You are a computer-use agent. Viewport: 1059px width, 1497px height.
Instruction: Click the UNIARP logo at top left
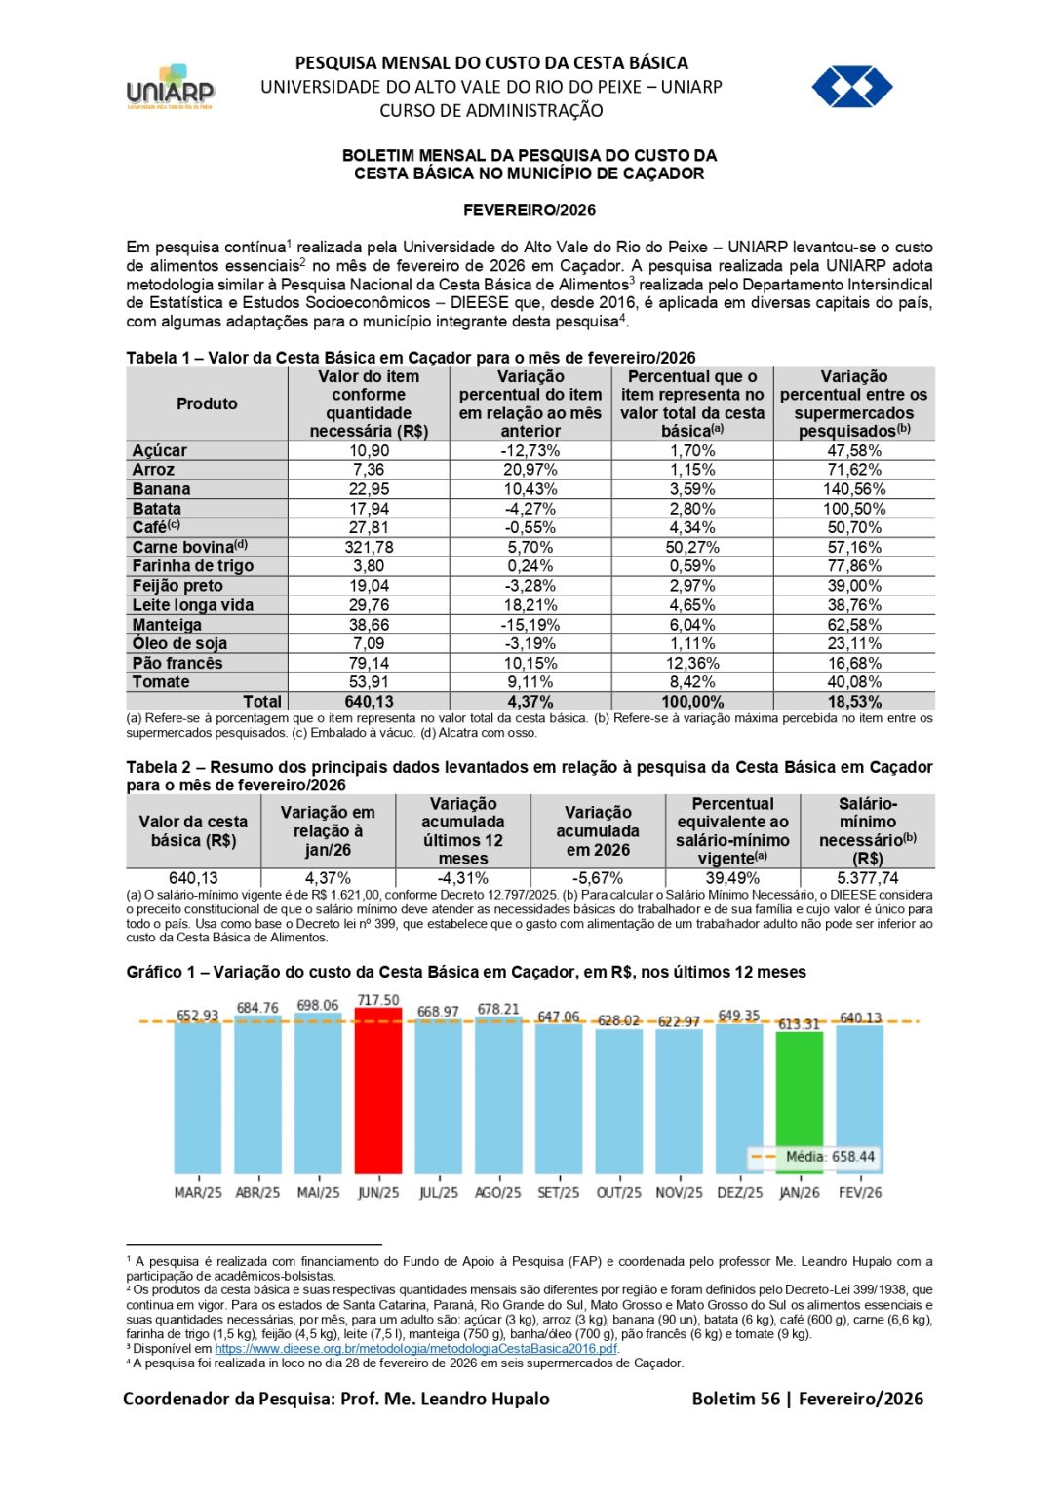click(x=171, y=88)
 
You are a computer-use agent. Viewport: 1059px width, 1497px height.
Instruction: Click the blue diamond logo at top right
click(x=852, y=87)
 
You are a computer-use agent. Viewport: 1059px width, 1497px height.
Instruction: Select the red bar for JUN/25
click(x=378, y=1092)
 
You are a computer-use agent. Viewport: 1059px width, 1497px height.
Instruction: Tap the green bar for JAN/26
click(x=800, y=1102)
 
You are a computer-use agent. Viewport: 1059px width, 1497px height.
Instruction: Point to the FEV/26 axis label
click(x=860, y=1192)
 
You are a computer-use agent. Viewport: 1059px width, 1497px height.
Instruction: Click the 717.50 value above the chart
click(x=378, y=1000)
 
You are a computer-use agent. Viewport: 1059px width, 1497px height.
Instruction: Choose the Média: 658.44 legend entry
click(x=830, y=1157)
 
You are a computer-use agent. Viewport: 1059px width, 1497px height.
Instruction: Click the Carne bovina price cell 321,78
click(x=369, y=547)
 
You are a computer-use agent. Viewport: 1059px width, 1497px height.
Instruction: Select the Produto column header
click(x=207, y=403)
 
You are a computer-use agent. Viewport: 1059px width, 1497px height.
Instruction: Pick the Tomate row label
click(x=161, y=682)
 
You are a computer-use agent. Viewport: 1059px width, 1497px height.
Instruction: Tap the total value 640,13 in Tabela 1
click(x=369, y=702)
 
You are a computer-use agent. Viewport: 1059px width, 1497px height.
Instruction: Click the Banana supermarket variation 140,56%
click(x=854, y=489)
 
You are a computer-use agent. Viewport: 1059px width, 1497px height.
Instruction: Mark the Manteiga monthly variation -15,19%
click(x=530, y=625)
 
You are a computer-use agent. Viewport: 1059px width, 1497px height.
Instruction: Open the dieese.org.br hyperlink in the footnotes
click(x=416, y=1349)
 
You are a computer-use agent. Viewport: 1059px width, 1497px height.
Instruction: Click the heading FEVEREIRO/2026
click(x=529, y=211)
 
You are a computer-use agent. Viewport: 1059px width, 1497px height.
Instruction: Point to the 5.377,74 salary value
click(x=867, y=878)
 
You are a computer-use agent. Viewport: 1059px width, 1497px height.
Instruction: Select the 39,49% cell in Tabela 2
click(x=732, y=878)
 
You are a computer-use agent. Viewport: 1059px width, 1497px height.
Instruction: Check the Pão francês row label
click(x=177, y=663)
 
